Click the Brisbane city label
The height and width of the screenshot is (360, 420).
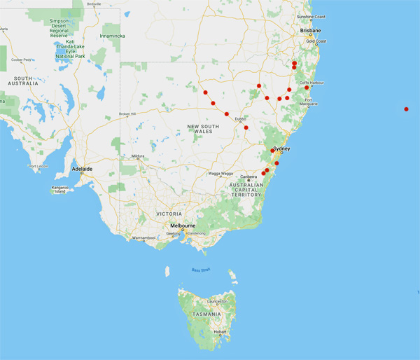[x=310, y=31]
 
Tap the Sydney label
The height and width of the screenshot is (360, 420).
[x=281, y=148]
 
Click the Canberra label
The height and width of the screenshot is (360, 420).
[x=249, y=176]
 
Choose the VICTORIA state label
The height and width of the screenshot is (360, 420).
[x=169, y=214]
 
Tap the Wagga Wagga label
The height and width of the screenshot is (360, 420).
[x=220, y=174]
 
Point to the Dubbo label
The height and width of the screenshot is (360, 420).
[x=239, y=119]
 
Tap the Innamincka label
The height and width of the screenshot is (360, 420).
[x=113, y=35]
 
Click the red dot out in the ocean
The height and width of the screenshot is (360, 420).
[x=407, y=109]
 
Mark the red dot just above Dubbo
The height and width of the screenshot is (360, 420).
[x=227, y=113]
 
